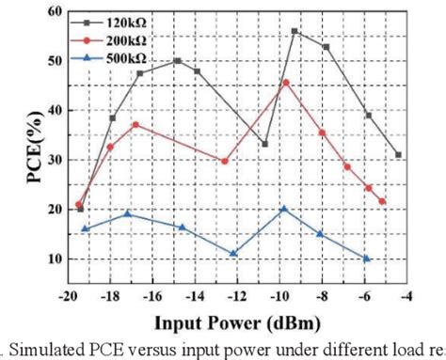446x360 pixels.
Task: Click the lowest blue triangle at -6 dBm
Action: tap(367, 258)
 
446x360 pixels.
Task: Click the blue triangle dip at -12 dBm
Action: tap(233, 253)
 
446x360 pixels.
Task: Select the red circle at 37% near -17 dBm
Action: tap(135, 125)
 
